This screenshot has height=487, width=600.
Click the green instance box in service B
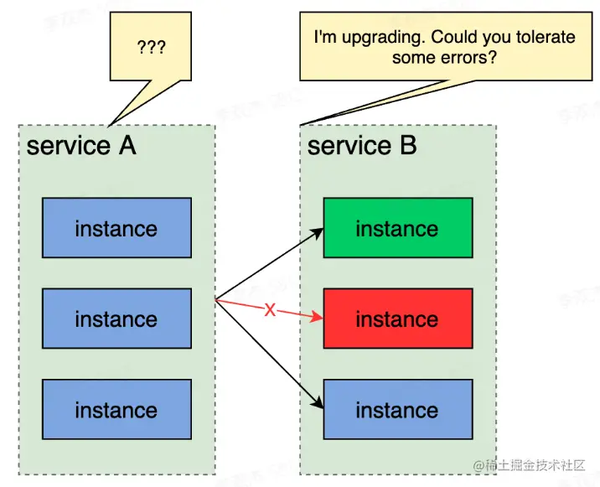pyautogui.click(x=398, y=228)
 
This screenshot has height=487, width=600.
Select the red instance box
pyautogui.click(x=398, y=319)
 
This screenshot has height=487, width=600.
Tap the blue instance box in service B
pyautogui.click(x=398, y=410)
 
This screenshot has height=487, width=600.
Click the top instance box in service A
pyautogui.click(x=116, y=228)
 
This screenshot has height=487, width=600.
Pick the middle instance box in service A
pyautogui.click(x=116, y=319)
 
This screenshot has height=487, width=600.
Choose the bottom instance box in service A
pyautogui.click(x=116, y=410)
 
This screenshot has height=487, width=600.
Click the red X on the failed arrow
pyautogui.click(x=270, y=310)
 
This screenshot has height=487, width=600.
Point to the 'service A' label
pyautogui.click(x=81, y=146)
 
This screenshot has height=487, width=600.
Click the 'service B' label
pyautogui.click(x=362, y=146)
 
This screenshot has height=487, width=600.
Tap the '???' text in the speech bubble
pyautogui.click(x=152, y=46)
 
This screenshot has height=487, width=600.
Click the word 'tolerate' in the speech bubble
pyautogui.click(x=547, y=38)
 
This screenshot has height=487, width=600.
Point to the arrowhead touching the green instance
pyautogui.click(x=318, y=231)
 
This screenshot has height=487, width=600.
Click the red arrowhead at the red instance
pyautogui.click(x=318, y=318)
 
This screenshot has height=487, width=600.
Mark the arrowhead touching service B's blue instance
pyautogui.click(x=318, y=407)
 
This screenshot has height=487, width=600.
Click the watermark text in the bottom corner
pyautogui.click(x=533, y=466)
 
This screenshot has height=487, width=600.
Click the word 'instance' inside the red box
pyautogui.click(x=398, y=319)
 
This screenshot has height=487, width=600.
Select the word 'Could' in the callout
pyautogui.click(x=453, y=38)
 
